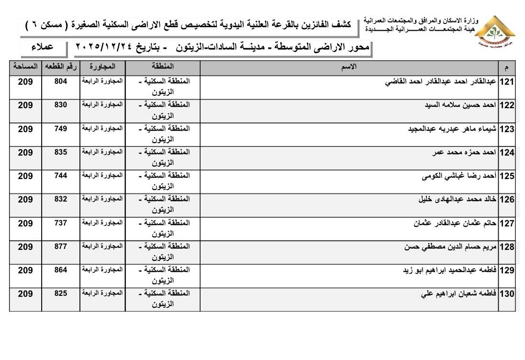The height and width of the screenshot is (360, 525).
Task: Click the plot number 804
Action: (x=61, y=82)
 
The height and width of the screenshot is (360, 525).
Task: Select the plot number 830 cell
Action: (x=61, y=105)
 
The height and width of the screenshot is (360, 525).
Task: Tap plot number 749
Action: (x=61, y=129)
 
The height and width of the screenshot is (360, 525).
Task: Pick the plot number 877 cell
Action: (x=61, y=247)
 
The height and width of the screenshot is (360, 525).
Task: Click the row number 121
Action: (x=507, y=82)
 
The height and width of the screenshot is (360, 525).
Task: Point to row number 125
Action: (x=507, y=176)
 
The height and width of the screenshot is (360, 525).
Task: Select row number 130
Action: (x=507, y=294)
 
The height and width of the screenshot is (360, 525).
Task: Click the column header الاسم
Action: (x=350, y=67)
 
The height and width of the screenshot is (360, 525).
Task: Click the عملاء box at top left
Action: (x=43, y=47)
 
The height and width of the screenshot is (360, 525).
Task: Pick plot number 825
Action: (x=61, y=293)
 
